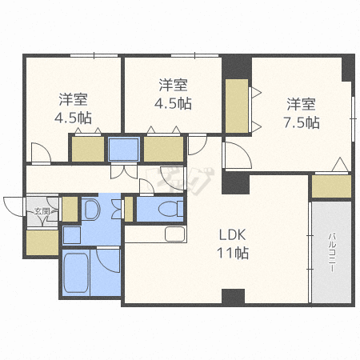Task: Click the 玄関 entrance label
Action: click(x=41, y=212)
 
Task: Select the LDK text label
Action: click(x=235, y=235)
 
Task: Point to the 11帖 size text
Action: click(x=235, y=254)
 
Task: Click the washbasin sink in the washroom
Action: click(x=90, y=210)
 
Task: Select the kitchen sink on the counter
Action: click(x=174, y=234)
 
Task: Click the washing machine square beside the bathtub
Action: click(x=71, y=235)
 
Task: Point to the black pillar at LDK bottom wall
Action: click(x=232, y=296)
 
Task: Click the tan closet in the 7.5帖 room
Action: click(x=236, y=106)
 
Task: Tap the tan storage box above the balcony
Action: click(x=330, y=186)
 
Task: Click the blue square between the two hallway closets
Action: click(x=124, y=149)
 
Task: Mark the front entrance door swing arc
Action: click(x=12, y=206)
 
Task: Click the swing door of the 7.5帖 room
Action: click(x=232, y=155)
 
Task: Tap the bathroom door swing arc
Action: click(x=107, y=260)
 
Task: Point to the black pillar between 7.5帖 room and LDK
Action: click(x=235, y=183)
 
